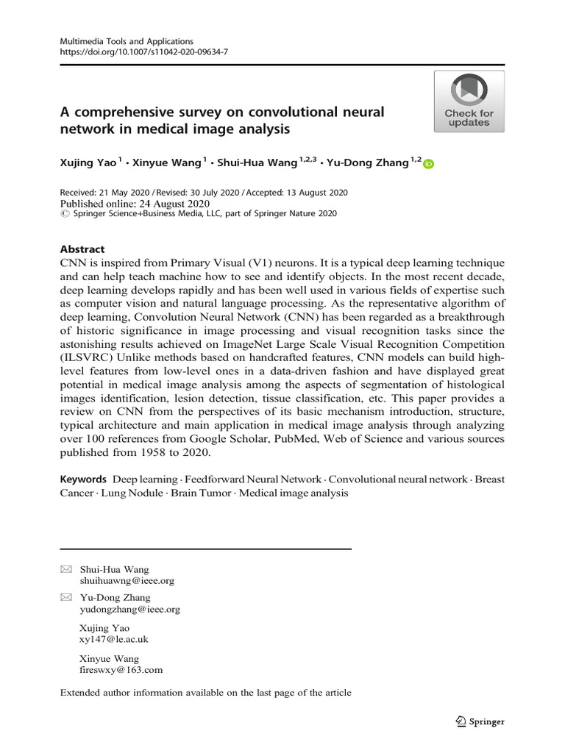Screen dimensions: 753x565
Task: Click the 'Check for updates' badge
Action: coord(469,101)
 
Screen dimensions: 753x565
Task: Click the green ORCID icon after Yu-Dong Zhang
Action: coord(429,164)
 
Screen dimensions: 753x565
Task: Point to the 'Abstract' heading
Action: coord(82,249)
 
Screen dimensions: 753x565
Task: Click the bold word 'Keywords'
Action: coord(83,479)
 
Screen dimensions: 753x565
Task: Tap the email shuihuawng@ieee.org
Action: coord(127,580)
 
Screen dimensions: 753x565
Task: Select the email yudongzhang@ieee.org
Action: coord(129,609)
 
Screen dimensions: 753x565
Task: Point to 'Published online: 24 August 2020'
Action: coord(135,204)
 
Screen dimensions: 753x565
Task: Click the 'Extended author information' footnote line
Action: coord(205,692)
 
